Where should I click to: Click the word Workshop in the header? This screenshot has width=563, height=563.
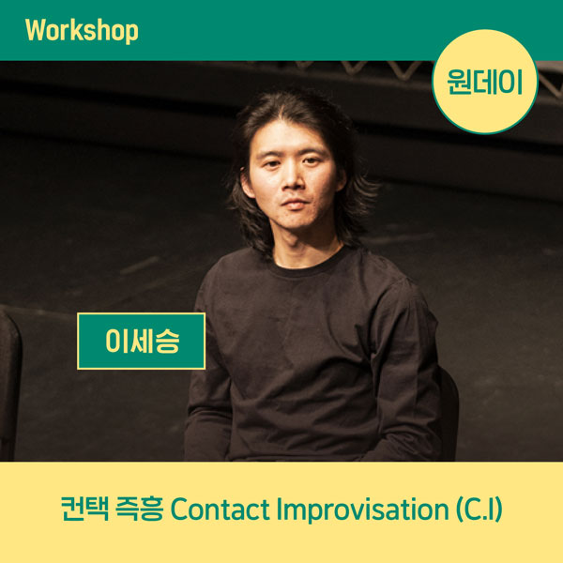tap(82, 31)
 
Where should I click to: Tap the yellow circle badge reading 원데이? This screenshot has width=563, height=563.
tap(485, 82)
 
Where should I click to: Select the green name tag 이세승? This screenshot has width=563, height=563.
tap(141, 342)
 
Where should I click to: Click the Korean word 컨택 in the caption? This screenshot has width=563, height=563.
tap(84, 509)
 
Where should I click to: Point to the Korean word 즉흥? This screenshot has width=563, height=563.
tap(140, 509)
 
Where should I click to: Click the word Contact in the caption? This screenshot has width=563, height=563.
tap(220, 510)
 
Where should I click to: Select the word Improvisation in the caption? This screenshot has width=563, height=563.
tap(362, 510)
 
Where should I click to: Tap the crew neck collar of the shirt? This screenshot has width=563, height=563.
tap(305, 264)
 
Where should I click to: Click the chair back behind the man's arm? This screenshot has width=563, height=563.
tap(449, 413)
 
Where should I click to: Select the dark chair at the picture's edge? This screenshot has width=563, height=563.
tap(10, 384)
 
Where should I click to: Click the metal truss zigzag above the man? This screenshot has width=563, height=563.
tap(359, 68)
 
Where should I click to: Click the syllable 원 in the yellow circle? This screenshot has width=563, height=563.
tap(460, 82)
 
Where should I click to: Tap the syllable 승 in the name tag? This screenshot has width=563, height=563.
tap(168, 342)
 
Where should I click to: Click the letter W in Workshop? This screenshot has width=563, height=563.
tap(36, 31)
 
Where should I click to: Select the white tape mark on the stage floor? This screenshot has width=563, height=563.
tap(139, 265)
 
